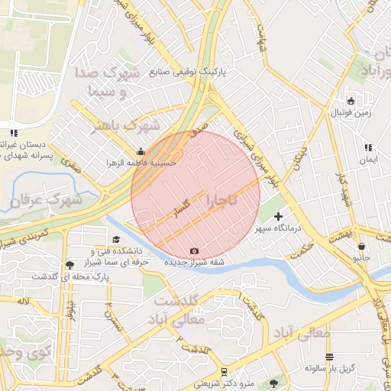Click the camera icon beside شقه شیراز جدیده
click(194, 251)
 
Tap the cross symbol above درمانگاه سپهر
click(278, 217)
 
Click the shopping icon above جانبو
click(360, 247)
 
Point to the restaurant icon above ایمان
click(368, 147)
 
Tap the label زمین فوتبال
click(350, 113)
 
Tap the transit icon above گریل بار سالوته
click(329, 357)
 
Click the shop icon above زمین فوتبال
click(351, 102)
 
